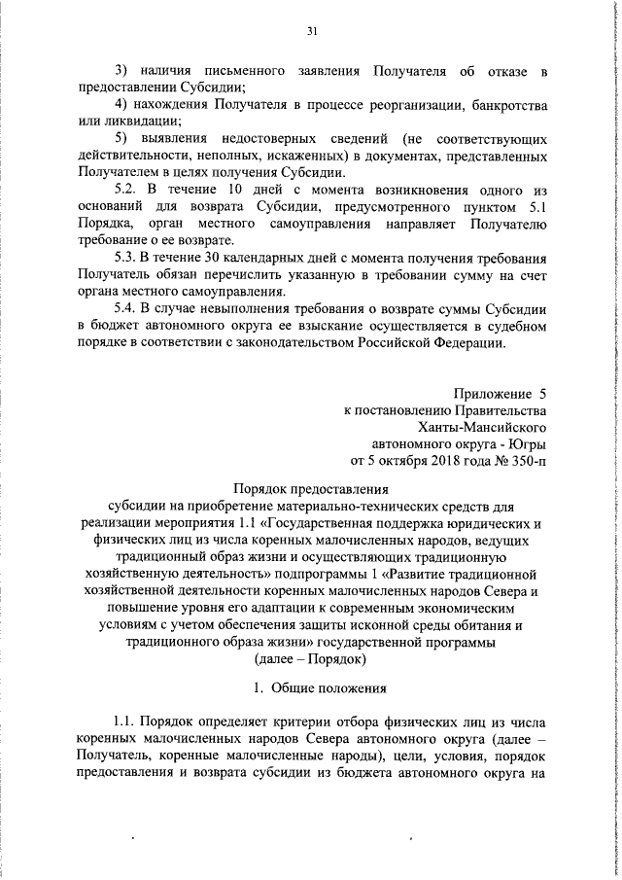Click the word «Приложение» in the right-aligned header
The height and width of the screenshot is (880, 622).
490,394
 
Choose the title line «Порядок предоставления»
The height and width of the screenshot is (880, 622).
312,489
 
